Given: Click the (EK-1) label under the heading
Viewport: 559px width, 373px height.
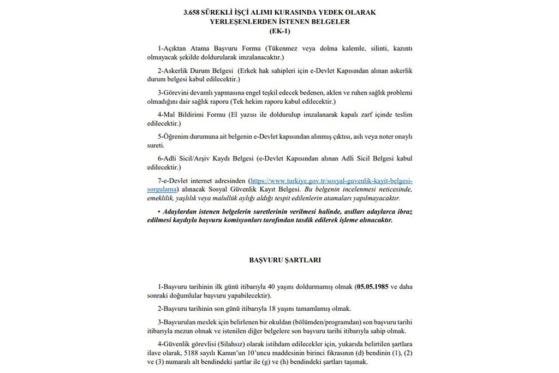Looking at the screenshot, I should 279,31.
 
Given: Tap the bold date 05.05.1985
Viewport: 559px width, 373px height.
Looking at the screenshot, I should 371,286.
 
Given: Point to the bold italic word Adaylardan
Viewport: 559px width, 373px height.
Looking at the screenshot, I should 181,211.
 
